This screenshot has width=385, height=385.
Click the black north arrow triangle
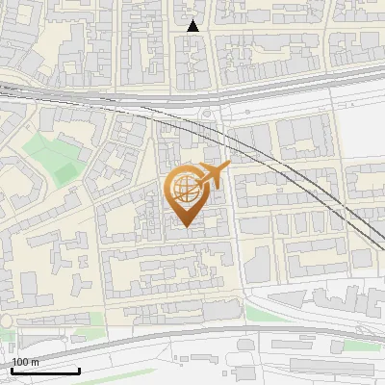click(x=193, y=26)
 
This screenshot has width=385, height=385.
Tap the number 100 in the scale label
click(x=20, y=362)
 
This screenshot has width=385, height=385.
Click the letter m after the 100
click(x=35, y=362)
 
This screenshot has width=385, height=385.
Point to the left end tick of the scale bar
click(x=12, y=370)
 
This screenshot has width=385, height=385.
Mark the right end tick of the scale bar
click(x=79, y=370)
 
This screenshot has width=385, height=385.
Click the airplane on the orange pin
click(x=213, y=176)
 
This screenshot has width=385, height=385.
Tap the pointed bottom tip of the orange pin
click(x=186, y=227)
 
